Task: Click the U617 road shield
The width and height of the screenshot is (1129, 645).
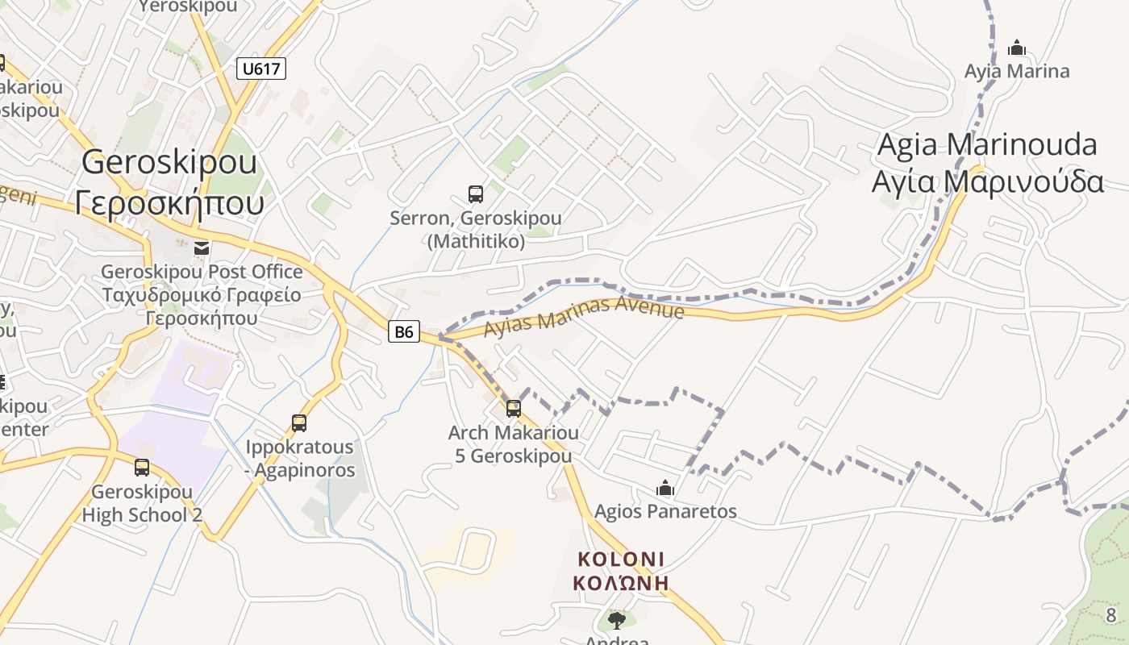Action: click(x=261, y=69)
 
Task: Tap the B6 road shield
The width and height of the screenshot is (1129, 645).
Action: click(x=404, y=331)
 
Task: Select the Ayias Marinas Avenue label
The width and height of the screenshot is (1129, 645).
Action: click(x=584, y=316)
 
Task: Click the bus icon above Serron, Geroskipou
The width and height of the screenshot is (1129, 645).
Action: click(x=476, y=193)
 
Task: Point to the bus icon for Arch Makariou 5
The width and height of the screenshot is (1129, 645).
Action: click(x=514, y=408)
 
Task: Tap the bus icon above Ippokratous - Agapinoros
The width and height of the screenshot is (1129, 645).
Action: click(x=299, y=422)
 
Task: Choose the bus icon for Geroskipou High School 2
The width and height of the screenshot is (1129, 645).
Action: click(x=142, y=467)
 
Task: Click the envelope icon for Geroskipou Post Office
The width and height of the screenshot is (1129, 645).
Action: click(x=201, y=248)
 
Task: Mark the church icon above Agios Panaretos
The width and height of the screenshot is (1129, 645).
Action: click(x=665, y=487)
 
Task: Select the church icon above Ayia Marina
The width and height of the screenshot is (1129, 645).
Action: click(x=1017, y=47)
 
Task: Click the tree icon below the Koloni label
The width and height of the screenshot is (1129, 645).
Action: click(x=617, y=620)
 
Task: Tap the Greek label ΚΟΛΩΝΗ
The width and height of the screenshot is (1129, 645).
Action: click(x=621, y=582)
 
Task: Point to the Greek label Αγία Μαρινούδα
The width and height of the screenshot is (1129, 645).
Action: click(x=987, y=182)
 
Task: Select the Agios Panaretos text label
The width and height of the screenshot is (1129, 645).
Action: click(x=665, y=511)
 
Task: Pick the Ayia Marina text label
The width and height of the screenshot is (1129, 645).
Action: click(x=1017, y=71)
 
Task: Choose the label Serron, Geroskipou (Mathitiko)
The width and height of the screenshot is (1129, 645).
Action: click(x=476, y=229)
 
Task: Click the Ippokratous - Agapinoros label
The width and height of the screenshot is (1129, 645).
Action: click(x=299, y=458)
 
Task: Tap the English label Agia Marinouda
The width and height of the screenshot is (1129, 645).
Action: click(x=987, y=145)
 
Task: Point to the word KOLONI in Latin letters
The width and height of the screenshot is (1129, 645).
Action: click(x=621, y=559)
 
